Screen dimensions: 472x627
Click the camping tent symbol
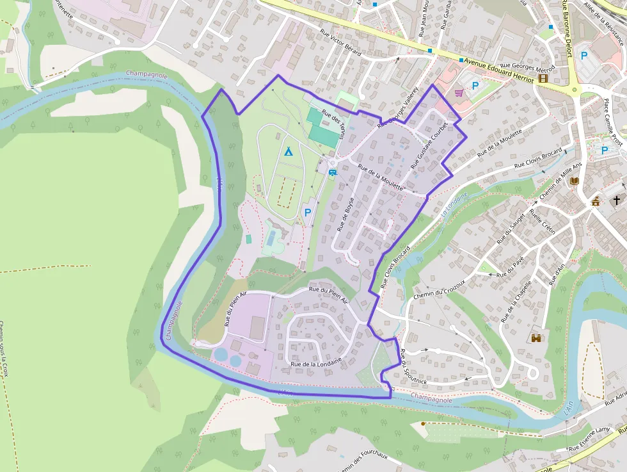pos(288,152)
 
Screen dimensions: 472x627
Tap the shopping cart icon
pos(459,92)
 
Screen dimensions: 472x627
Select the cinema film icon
pos(543,78)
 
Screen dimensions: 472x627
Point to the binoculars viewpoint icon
pos(537,338)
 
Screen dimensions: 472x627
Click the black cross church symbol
pos(617,200)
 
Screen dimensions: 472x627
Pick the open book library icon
pos(575,181)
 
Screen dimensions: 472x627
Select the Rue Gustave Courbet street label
pos(427,145)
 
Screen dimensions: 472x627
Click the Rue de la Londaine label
pos(316,362)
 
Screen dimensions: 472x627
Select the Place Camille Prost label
pos(613,122)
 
